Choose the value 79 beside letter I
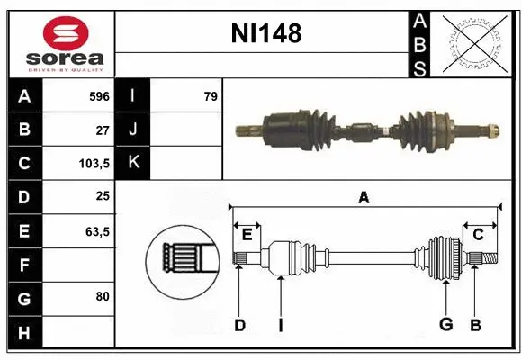point(210,95)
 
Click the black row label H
point(23,333)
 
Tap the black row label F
point(23,265)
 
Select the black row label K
point(134,163)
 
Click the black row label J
point(134,130)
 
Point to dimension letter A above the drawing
point(363,197)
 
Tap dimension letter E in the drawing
point(247,234)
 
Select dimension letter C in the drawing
point(479,234)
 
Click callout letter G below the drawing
point(445,325)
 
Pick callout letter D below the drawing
point(239,325)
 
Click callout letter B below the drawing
point(475,325)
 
